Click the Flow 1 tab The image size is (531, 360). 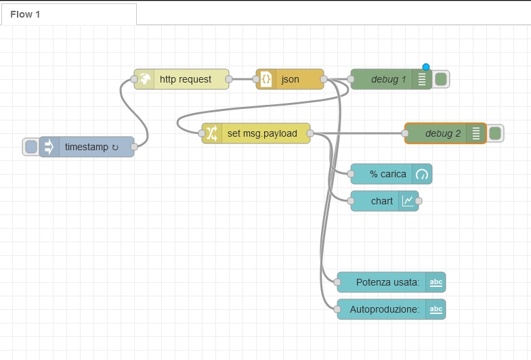coord(69,14)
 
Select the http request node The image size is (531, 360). coord(182,79)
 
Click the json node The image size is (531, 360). coord(290,79)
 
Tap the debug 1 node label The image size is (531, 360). coord(389,79)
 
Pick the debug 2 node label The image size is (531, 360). coord(443,133)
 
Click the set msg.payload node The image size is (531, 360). coord(256,133)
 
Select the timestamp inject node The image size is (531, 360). coord(87,147)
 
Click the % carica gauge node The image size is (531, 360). coord(391,174)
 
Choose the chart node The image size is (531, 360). coord(385,201)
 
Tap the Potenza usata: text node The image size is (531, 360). coord(391,282)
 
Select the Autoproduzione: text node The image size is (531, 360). coord(391,309)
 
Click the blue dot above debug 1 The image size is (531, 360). coord(426,67)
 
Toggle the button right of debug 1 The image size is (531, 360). coord(441,79)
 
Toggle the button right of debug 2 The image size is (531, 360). coord(495,133)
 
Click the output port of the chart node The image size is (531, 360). coord(419,201)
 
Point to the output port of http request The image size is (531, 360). coord(229,79)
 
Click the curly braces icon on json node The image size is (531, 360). coord(266,79)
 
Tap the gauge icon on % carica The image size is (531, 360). coord(422,175)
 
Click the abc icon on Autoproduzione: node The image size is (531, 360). coord(436,309)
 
